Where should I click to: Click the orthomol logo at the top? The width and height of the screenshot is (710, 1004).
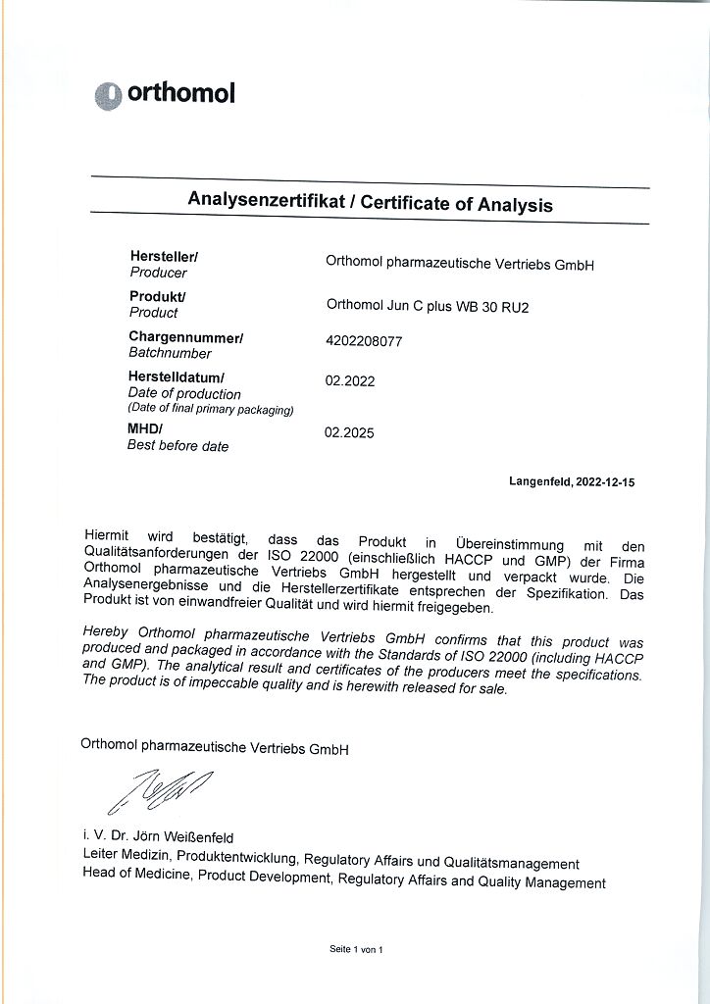click(x=165, y=94)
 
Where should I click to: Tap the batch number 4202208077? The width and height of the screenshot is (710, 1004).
click(x=363, y=342)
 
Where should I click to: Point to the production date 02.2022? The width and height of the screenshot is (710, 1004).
click(x=349, y=381)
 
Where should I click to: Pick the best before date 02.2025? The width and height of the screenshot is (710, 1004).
click(x=349, y=432)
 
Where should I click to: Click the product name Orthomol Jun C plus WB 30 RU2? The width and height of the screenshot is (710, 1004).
click(x=427, y=305)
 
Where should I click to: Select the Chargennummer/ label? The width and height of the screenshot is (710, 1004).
click(x=186, y=337)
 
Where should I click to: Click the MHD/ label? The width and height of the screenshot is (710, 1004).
click(x=145, y=428)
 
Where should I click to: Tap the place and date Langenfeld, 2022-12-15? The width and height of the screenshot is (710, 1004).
click(x=572, y=481)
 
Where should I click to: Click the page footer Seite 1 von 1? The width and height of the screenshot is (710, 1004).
click(x=355, y=950)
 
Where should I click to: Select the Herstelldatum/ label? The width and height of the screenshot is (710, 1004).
click(x=177, y=376)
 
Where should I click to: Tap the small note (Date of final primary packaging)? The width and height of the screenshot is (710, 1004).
click(x=210, y=410)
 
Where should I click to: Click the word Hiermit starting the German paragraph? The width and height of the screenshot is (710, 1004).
click(x=107, y=536)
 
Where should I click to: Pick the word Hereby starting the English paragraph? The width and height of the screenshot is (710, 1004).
click(x=106, y=633)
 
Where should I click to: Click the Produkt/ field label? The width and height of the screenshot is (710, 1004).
click(x=158, y=296)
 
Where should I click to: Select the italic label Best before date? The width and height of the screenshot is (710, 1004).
click(x=177, y=446)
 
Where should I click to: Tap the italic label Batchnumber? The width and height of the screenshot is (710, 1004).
click(x=170, y=353)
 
